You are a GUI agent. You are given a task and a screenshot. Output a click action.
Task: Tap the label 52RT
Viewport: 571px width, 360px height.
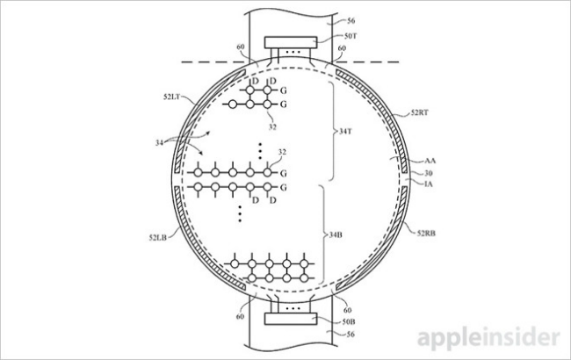coord(420,114)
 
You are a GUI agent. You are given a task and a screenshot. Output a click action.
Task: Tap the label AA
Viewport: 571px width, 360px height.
coord(430,161)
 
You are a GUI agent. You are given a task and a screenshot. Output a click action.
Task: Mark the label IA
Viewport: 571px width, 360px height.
coord(430,184)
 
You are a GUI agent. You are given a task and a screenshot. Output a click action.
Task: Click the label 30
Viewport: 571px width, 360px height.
coord(430,173)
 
